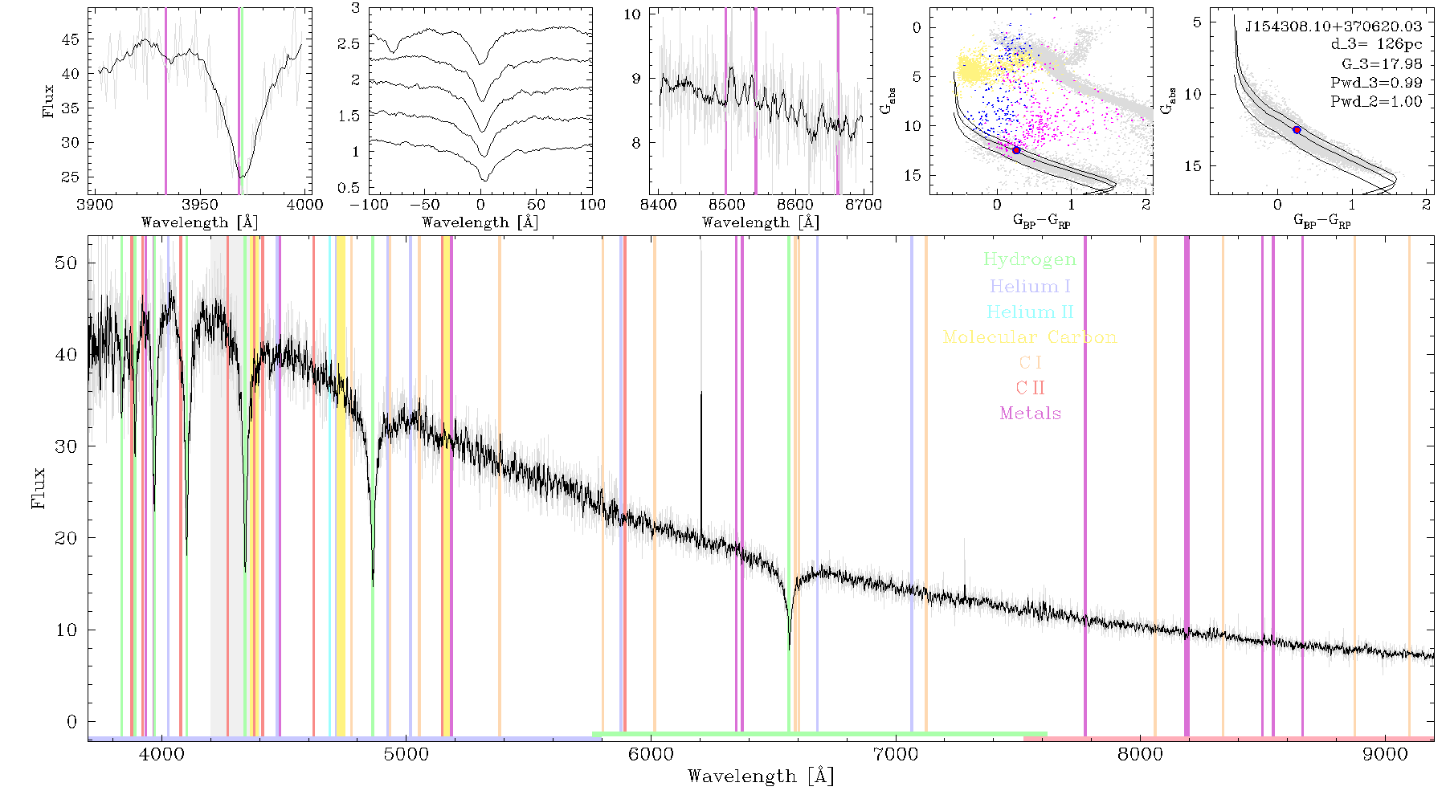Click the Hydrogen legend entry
(1029, 260)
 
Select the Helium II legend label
(1030, 312)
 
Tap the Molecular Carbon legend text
(1030, 337)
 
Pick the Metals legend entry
(1031, 414)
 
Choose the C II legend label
(1031, 388)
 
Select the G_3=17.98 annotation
(1382, 64)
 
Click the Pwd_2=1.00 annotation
(1376, 102)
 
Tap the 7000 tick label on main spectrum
(896, 754)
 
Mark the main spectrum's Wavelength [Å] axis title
(761, 777)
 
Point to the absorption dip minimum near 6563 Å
(790, 648)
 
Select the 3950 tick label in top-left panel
(200, 205)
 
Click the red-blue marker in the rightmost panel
(1297, 129)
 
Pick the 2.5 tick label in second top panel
(349, 44)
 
